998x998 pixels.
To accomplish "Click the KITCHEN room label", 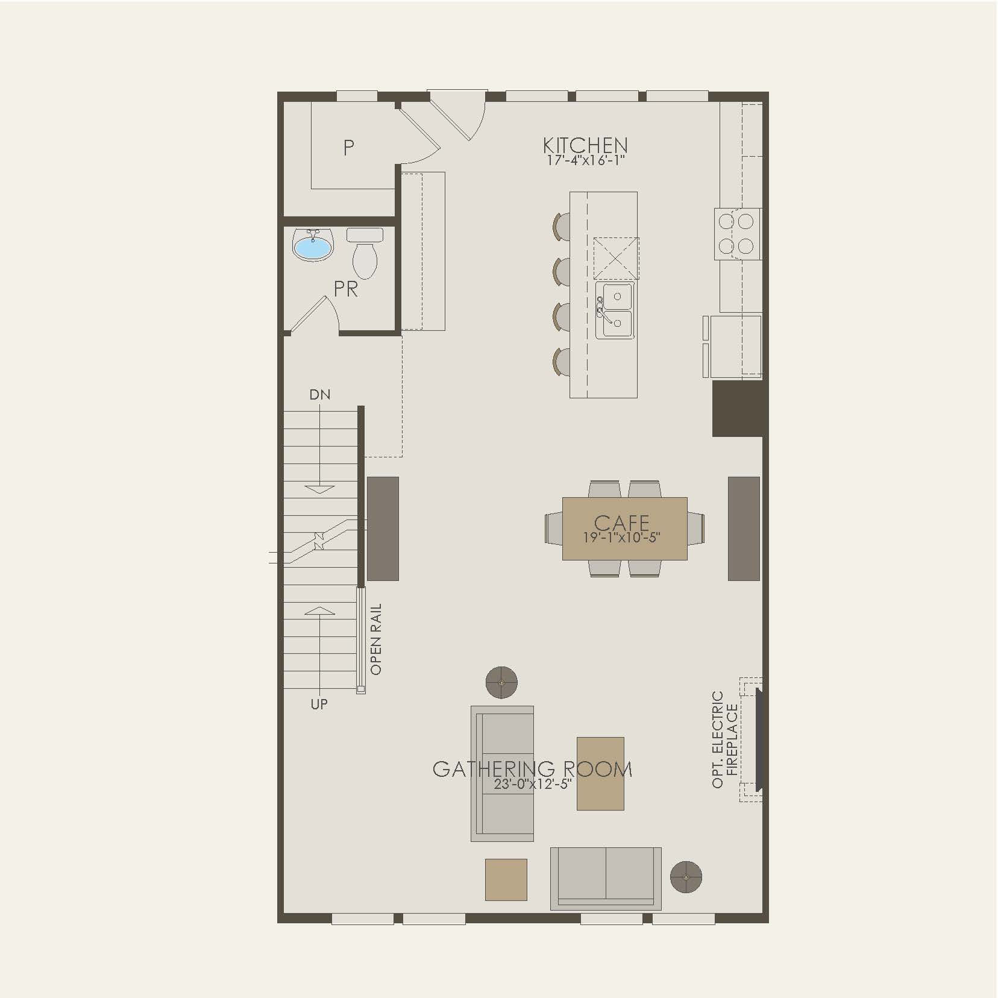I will [x=585, y=145].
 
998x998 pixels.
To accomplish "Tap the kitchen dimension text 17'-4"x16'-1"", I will [x=585, y=161].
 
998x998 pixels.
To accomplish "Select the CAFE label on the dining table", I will [x=621, y=523].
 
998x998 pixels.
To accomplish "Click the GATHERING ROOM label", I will [x=533, y=769].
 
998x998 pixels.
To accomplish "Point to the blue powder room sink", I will [x=313, y=246].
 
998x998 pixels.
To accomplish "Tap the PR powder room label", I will [x=346, y=289].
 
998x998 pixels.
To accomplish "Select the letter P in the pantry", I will [x=348, y=147].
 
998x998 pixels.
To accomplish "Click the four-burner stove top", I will [x=736, y=234].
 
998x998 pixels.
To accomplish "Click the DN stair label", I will [x=320, y=395].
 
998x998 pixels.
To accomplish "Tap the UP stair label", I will [x=319, y=704].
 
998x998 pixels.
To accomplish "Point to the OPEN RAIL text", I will [x=376, y=639].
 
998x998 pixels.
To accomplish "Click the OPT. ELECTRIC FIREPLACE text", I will [x=724, y=739].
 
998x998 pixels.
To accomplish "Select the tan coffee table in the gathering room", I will [x=600, y=773].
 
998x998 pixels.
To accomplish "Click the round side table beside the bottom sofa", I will [x=686, y=877].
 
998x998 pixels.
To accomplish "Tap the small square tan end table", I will [x=506, y=880].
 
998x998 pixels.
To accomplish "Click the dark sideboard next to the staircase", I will [x=383, y=529].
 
